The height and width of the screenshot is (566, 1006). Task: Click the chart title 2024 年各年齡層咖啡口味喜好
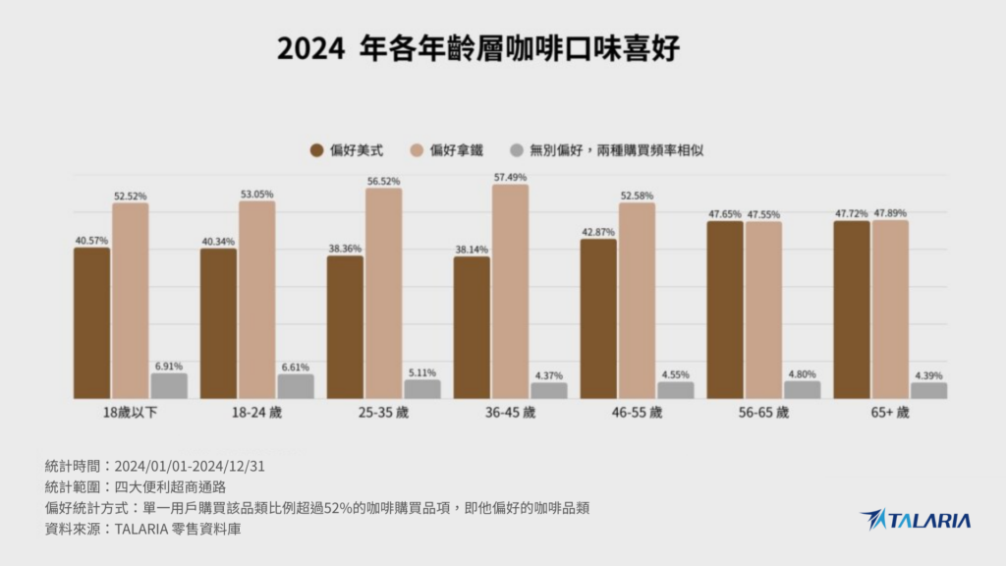coord(477,48)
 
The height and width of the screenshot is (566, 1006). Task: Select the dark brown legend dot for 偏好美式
coord(316,150)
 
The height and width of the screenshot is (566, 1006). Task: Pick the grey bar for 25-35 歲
coord(422,389)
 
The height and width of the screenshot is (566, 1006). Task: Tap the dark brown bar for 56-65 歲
coord(725,310)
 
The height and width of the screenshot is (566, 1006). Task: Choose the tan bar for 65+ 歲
coord(889,310)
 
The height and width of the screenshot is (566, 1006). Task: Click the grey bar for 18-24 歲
coord(296,386)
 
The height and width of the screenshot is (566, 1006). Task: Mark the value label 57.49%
coord(510,177)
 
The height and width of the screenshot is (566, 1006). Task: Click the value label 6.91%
coord(168,366)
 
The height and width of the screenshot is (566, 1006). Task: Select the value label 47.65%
coord(725,213)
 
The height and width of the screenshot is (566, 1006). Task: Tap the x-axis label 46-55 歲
coord(636,413)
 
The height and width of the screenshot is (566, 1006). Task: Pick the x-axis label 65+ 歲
coord(889,413)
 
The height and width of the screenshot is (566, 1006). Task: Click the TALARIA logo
coord(915,520)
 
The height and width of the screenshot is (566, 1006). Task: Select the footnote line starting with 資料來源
coord(142,529)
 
